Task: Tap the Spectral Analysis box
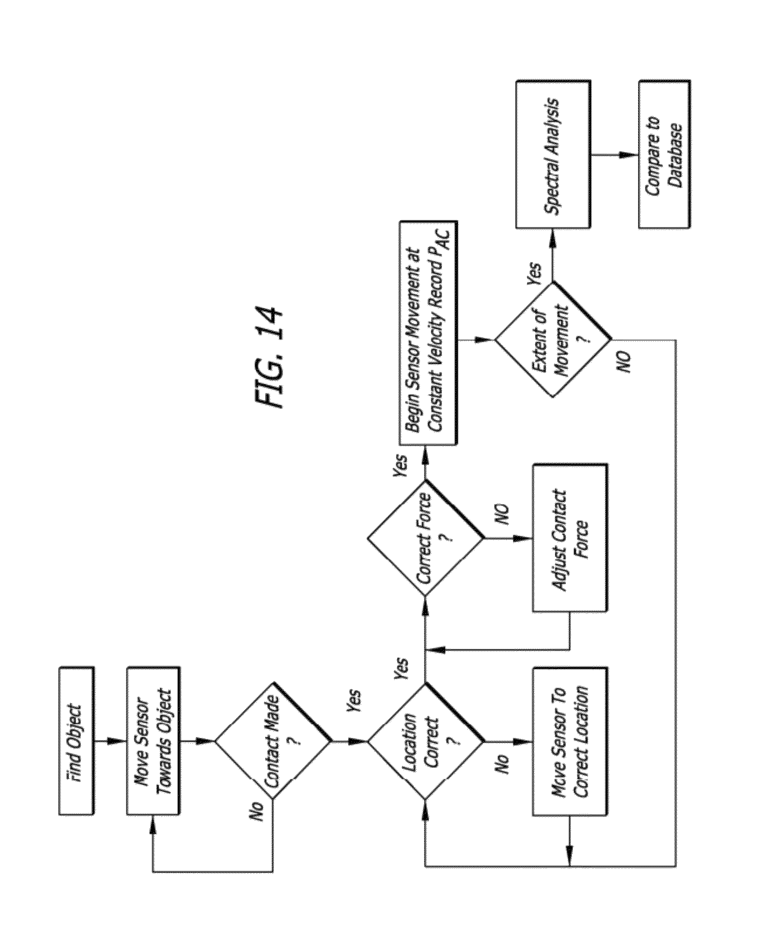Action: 553,154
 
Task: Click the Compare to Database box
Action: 664,154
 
